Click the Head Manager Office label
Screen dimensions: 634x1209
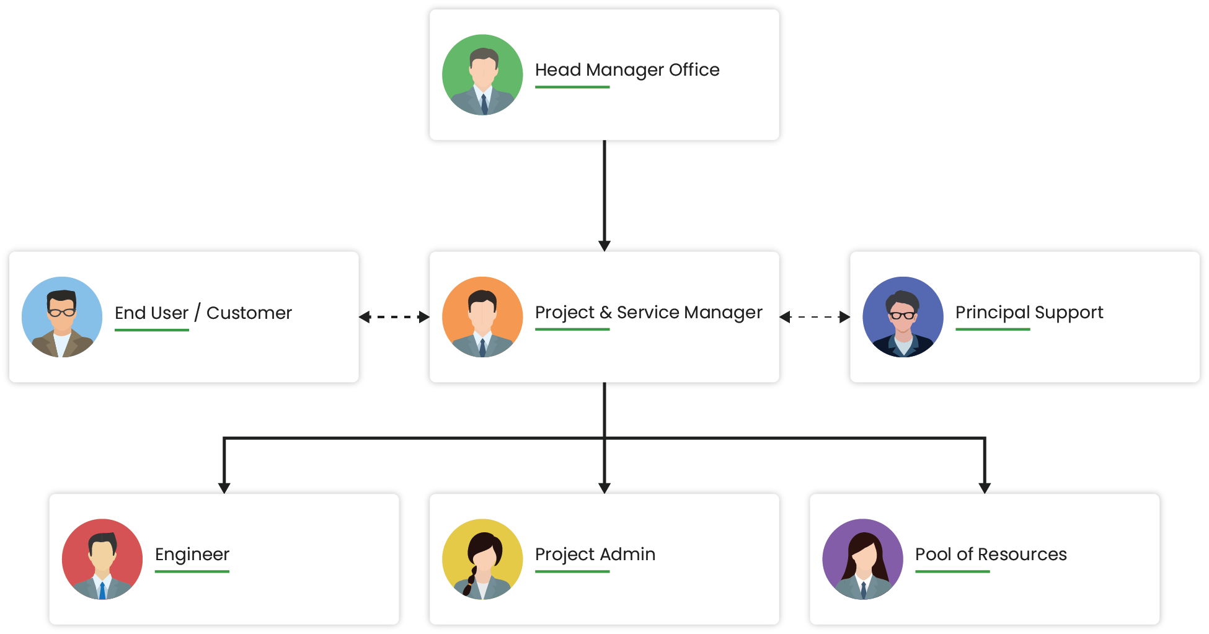[x=627, y=70]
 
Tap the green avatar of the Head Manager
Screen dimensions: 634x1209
[x=482, y=74]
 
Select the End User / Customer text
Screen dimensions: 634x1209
[x=203, y=313]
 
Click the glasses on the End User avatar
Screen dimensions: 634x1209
[x=62, y=312]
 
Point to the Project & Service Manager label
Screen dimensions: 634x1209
[x=649, y=313]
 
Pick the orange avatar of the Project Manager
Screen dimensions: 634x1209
[x=482, y=316]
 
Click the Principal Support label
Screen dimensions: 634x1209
[x=1029, y=313]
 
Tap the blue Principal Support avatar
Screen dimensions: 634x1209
[x=903, y=316]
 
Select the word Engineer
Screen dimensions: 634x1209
[x=192, y=554]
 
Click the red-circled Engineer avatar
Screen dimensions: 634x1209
[x=102, y=559]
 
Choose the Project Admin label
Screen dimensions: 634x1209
[x=595, y=554]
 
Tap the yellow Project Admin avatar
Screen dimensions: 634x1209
[x=482, y=559]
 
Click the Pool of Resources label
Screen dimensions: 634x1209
[x=991, y=554]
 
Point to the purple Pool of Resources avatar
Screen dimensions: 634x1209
[x=862, y=559]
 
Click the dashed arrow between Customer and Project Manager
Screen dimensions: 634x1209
[x=394, y=317]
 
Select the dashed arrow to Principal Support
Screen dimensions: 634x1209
[x=815, y=317]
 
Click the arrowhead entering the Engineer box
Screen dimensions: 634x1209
[x=224, y=487]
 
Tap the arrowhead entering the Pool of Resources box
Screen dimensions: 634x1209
[x=985, y=487]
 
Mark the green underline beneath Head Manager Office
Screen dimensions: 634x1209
[x=572, y=87]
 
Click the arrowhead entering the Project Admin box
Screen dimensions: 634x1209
[x=604, y=487]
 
